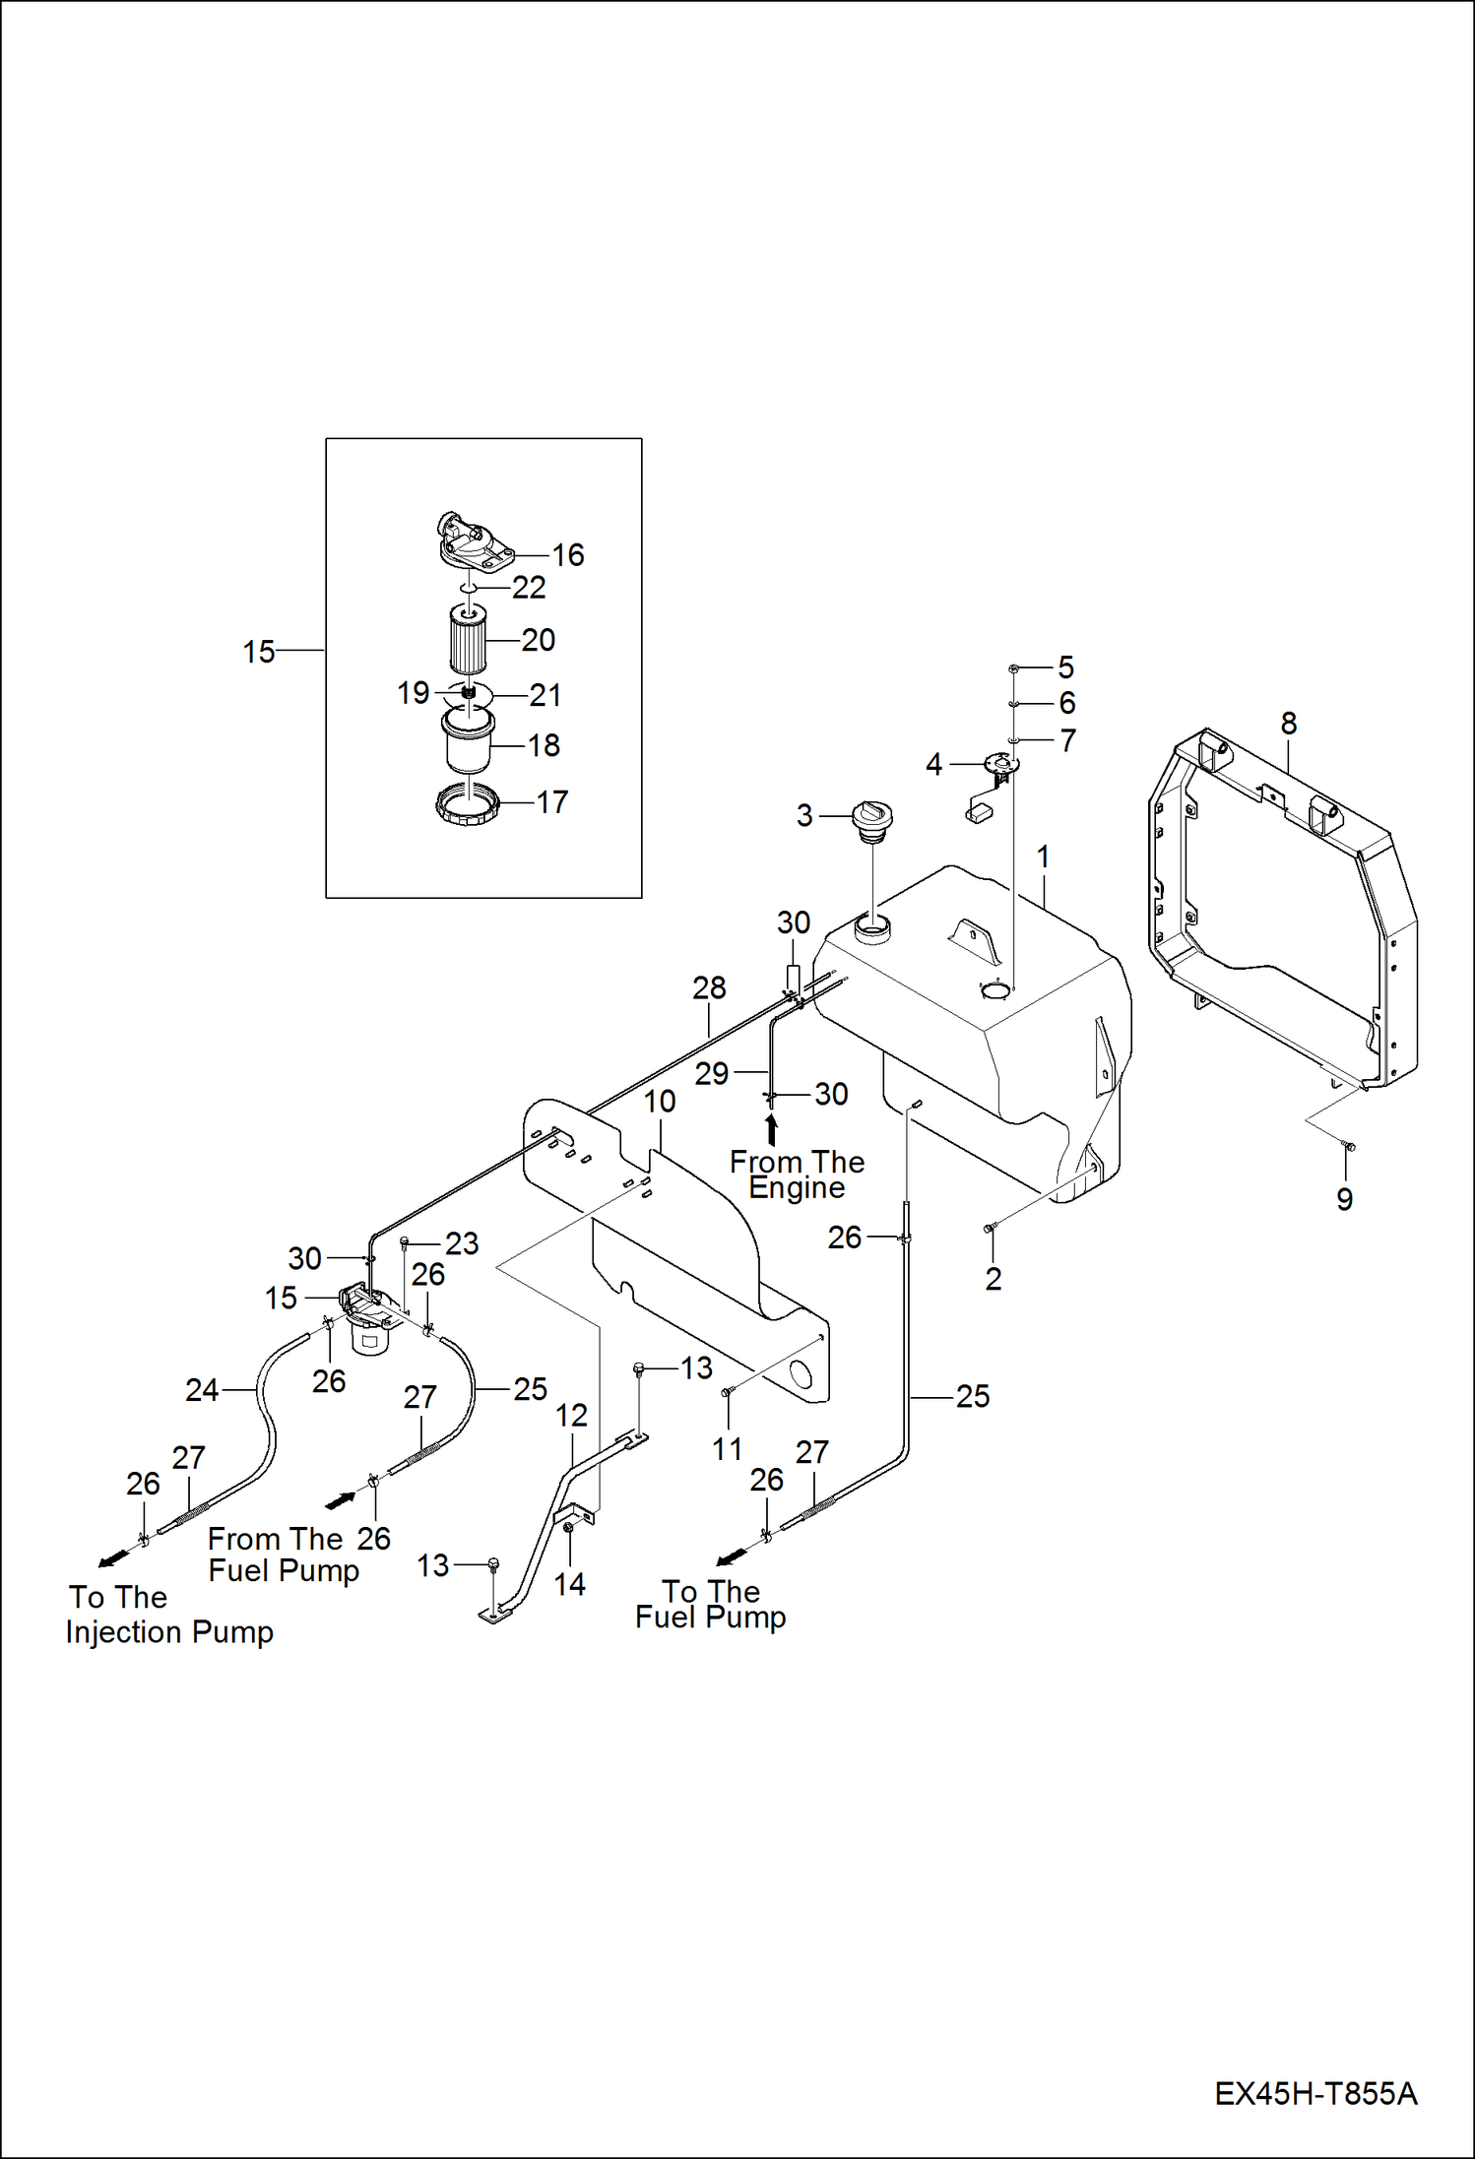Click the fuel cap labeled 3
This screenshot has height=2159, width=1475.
[x=872, y=820]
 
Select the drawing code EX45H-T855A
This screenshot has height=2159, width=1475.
[x=1315, y=2093]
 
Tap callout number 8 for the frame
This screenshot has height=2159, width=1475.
[x=1288, y=724]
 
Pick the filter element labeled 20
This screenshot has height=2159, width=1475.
[x=468, y=641]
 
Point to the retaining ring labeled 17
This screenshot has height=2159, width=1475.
[x=468, y=804]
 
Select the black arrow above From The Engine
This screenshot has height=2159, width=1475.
[x=771, y=1128]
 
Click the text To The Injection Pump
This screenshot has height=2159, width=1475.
[x=168, y=1615]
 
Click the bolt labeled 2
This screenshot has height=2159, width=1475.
[x=990, y=1228]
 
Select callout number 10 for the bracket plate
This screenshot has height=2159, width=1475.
[x=660, y=1102]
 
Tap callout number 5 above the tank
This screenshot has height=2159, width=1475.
[x=1065, y=667]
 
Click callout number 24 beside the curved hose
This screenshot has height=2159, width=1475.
[x=202, y=1390]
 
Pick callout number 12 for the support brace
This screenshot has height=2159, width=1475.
[x=571, y=1416]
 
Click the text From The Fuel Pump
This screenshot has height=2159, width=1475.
[x=283, y=1555]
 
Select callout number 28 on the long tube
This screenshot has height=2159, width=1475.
[x=709, y=987]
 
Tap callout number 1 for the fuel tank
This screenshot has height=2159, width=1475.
[x=1043, y=857]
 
